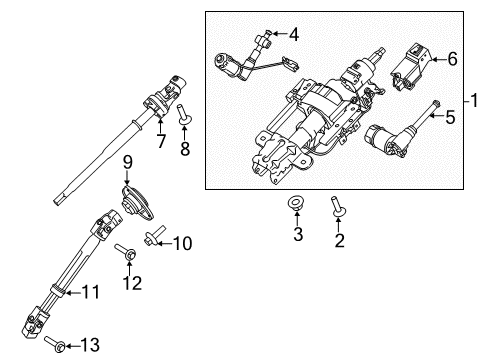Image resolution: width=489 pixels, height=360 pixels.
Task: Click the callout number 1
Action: [x=475, y=100]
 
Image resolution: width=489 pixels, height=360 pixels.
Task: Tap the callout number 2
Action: [x=339, y=240]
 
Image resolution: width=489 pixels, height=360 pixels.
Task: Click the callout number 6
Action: [x=452, y=59]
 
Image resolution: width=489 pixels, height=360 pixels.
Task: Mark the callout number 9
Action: [x=128, y=163]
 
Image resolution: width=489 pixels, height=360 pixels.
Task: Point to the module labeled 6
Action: [x=413, y=62]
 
